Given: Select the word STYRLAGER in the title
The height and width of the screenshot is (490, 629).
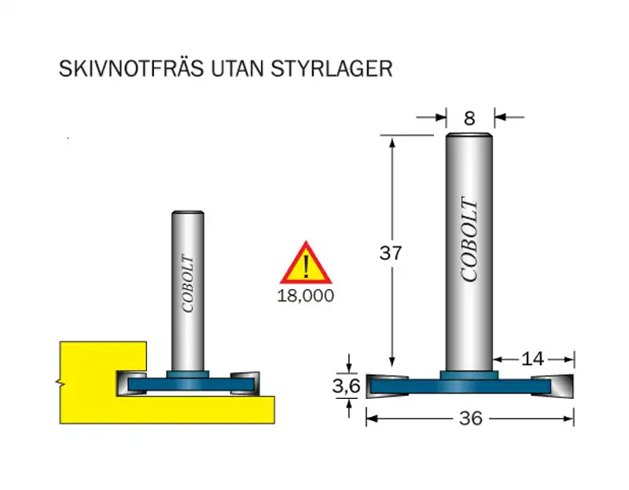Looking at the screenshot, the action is pos(331,69).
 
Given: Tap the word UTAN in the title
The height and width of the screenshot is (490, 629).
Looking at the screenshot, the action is pos(237,69).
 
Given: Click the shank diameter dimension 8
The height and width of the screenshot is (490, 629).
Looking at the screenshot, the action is pos(469,119).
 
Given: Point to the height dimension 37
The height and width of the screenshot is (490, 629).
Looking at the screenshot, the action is pos(390,253).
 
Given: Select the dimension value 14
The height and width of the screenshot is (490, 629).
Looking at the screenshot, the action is pos(532,359).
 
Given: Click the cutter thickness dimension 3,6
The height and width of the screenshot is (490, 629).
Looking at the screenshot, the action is pos(347,386).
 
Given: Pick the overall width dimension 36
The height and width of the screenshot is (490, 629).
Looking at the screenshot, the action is pos(470,419).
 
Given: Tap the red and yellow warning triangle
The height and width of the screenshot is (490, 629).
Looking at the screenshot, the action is pos(306,263).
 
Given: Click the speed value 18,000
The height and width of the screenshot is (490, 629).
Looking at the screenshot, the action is pos(306,296).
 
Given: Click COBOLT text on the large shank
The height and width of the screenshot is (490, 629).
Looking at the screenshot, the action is pos(469,240).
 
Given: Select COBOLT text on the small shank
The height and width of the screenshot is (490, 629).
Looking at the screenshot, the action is pos(188,283).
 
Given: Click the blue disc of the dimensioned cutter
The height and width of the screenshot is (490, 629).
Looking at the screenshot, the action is pos(460,386).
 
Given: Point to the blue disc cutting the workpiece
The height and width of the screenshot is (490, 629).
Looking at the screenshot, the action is pos(191,384).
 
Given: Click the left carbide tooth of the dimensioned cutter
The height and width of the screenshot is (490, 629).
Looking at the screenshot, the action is pos(387,386).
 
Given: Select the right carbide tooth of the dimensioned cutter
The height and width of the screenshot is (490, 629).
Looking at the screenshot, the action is pos(553,386).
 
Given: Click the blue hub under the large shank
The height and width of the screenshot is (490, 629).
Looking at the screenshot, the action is pos(469,375).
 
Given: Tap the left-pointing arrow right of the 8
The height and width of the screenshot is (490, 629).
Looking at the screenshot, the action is pos(509,117).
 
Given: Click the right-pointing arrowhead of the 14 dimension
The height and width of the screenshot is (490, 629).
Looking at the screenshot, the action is pos(568,360).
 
